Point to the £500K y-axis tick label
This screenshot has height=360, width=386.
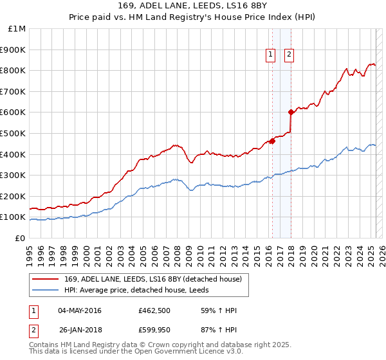14,133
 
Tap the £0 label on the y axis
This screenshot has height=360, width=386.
21,238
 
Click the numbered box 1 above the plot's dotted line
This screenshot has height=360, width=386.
270,55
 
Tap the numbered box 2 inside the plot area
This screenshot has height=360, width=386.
289,55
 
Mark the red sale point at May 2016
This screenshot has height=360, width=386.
272,141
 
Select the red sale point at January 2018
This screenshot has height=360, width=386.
291,113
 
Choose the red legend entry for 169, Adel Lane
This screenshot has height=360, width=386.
152,279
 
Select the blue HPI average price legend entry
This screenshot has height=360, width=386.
136,289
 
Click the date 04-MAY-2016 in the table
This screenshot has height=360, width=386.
80,310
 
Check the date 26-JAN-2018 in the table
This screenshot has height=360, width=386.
80,332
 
